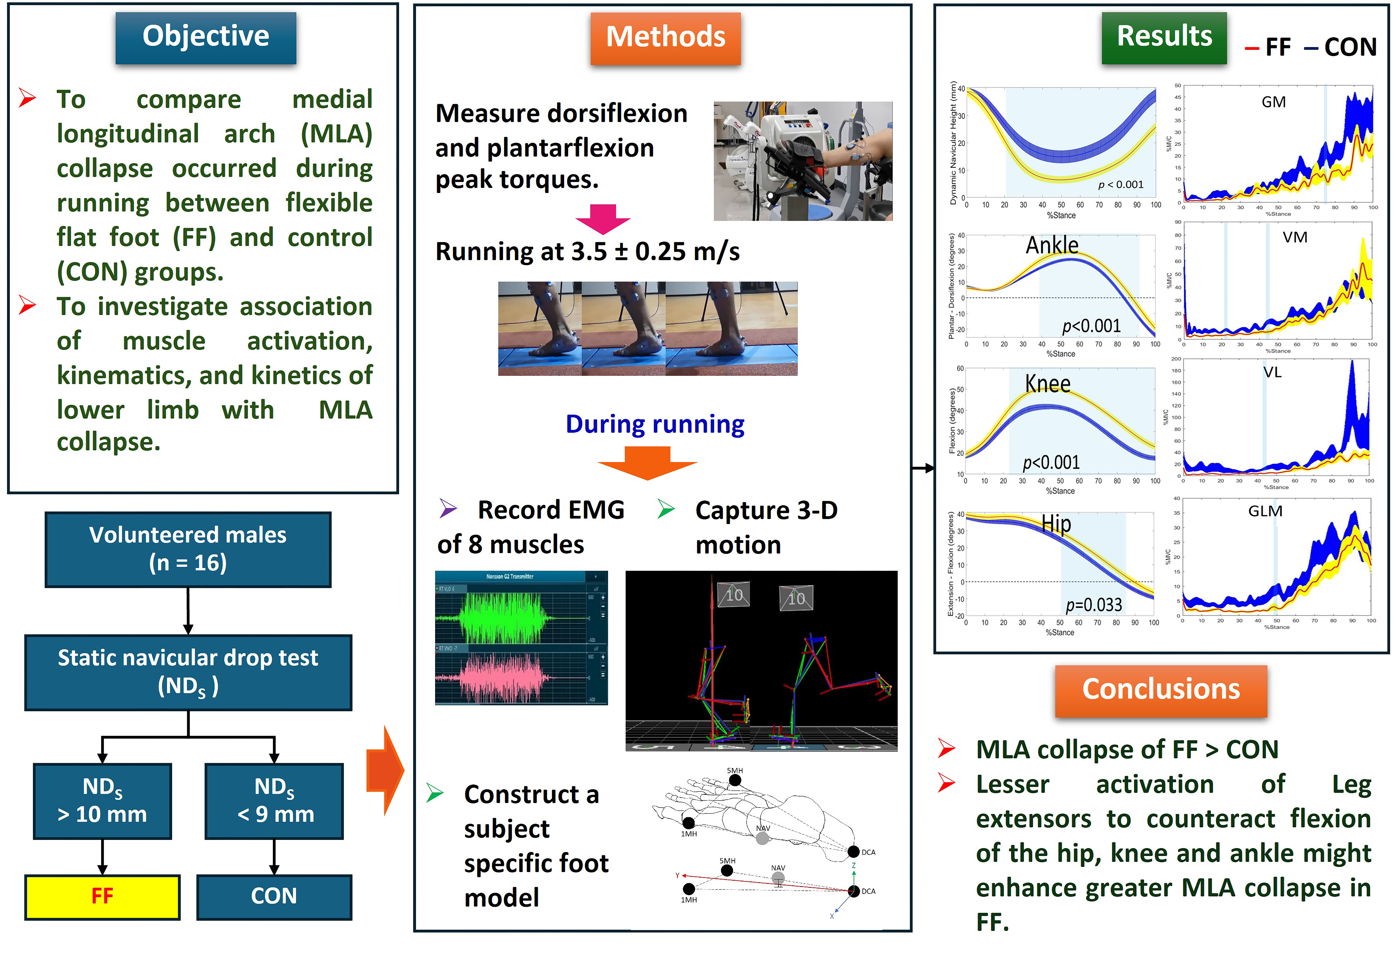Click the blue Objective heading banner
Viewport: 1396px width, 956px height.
[x=205, y=37]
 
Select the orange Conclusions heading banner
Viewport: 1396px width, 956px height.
[x=1161, y=690]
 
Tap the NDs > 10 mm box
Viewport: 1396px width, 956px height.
[x=102, y=800]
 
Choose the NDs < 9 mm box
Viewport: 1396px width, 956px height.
[x=274, y=800]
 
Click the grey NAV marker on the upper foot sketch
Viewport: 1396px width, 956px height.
[x=762, y=838]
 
